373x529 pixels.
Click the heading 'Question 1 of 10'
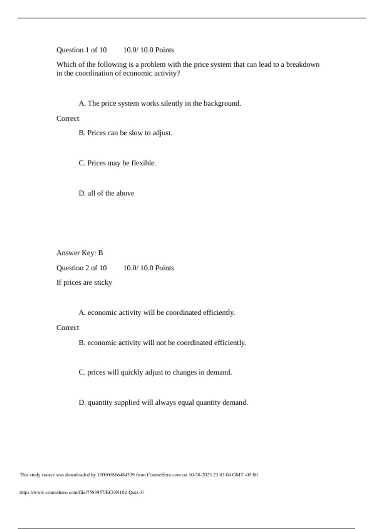pos(81,50)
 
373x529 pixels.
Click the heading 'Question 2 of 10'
pos(81,268)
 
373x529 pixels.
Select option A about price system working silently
pos(160,103)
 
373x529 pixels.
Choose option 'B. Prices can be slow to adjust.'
pos(126,133)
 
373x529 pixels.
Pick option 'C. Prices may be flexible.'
pos(117,163)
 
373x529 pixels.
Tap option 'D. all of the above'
pos(106,193)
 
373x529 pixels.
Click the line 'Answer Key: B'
pos(80,253)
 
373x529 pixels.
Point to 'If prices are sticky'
pos(84,283)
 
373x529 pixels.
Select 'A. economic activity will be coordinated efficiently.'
pos(157,312)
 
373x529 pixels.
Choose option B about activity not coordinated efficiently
pos(162,343)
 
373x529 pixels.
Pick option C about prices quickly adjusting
pos(155,372)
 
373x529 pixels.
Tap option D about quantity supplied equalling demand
pos(163,402)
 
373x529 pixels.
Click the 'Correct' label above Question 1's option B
pos(68,119)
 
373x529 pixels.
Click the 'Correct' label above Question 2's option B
pos(68,328)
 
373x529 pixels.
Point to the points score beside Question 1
pos(148,50)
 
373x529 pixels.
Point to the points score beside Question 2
pos(148,268)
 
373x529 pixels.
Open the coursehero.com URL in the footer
pos(82,492)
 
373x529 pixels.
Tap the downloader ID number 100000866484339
pos(116,475)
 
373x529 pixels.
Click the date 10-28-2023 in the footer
pos(200,475)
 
